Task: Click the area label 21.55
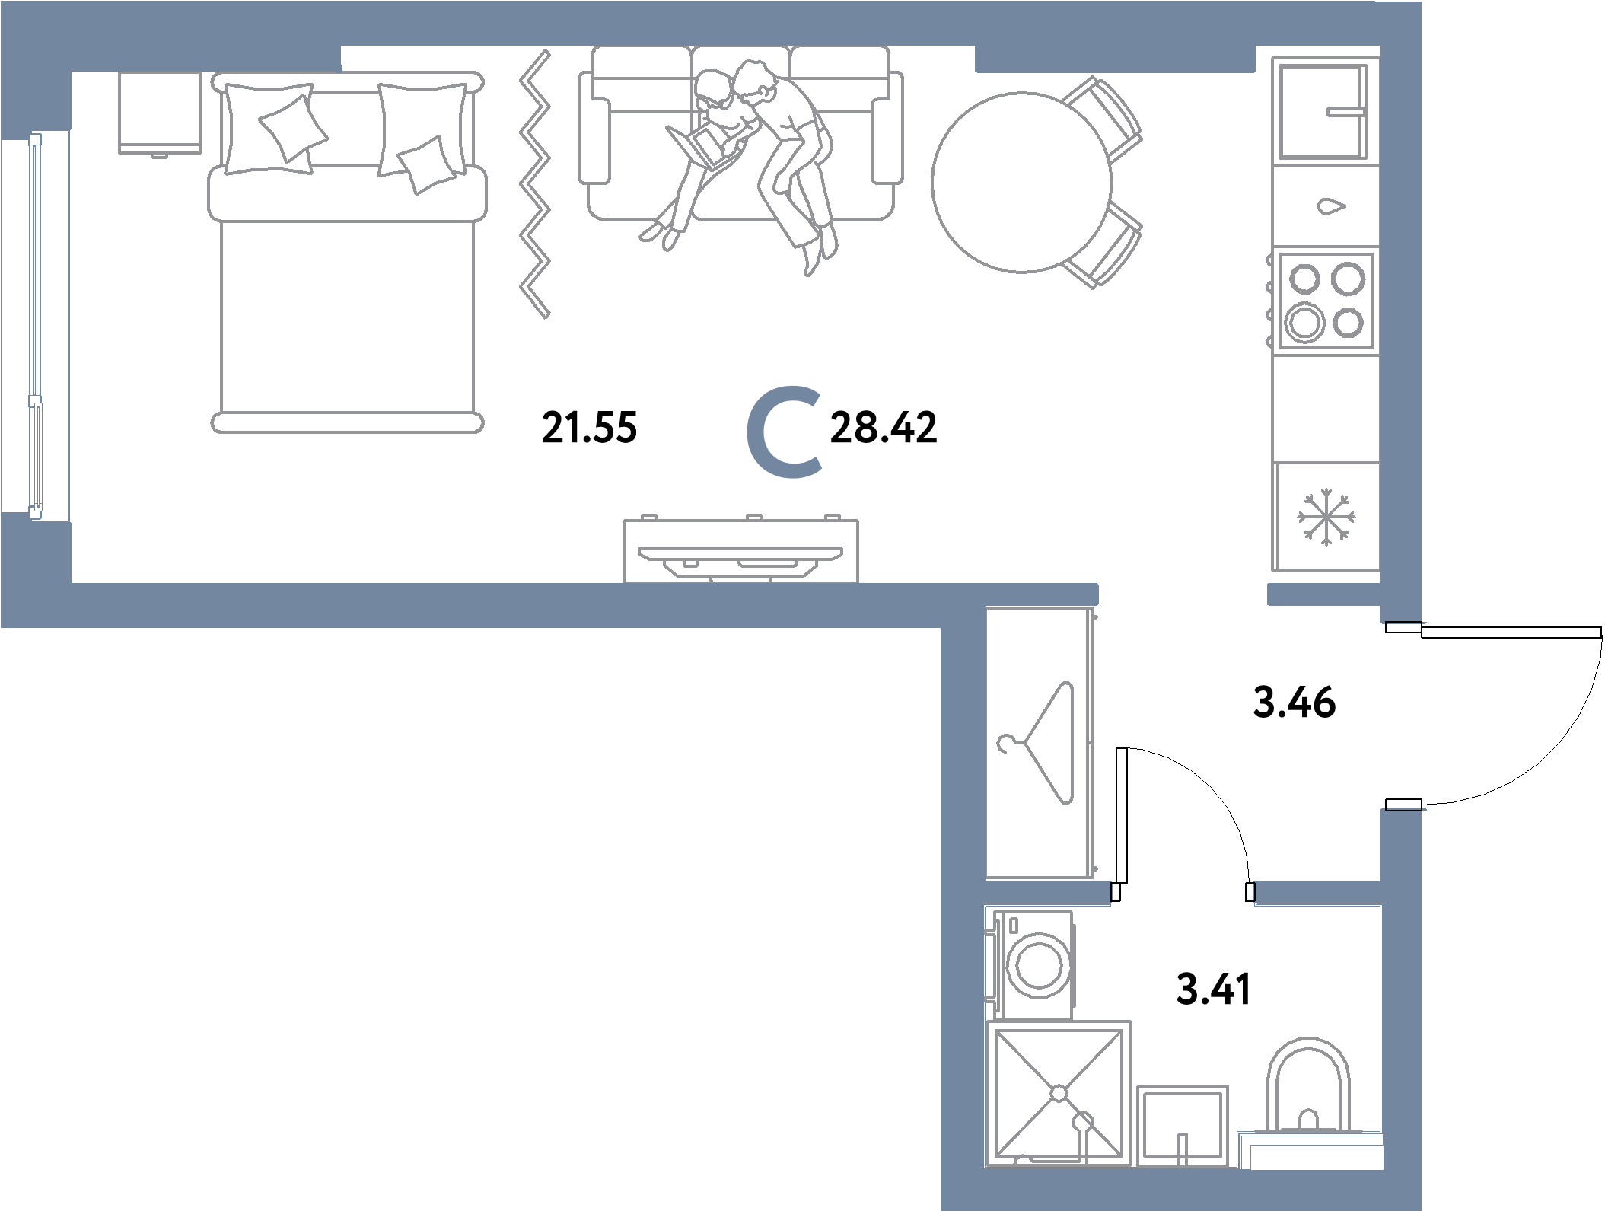[589, 427]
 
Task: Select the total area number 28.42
[883, 427]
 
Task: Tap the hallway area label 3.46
[1294, 702]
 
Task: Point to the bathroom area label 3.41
[1213, 990]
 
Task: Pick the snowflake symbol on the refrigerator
[1326, 517]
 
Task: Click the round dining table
[1021, 182]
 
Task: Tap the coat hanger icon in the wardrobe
[1037, 742]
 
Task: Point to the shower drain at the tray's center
[1059, 1094]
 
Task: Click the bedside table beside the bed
[160, 113]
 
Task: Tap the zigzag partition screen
[535, 183]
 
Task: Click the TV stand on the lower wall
[740, 550]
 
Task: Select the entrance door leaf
[1511, 632]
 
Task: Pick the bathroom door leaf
[1121, 815]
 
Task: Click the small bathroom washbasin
[1183, 1126]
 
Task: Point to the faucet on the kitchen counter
[1332, 206]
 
